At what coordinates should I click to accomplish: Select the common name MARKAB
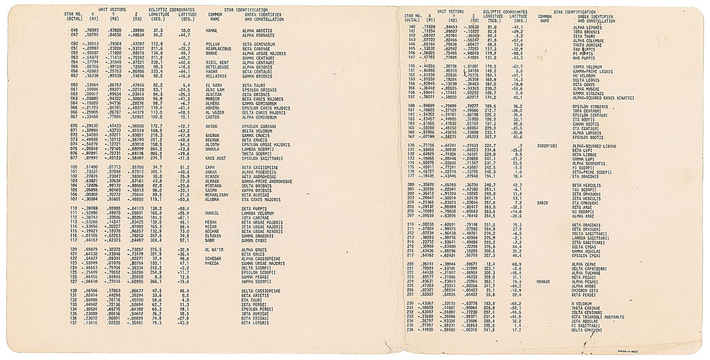point(544,281)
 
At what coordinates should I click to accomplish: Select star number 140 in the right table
point(411,26)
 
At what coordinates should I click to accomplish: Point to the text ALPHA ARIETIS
point(257,31)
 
